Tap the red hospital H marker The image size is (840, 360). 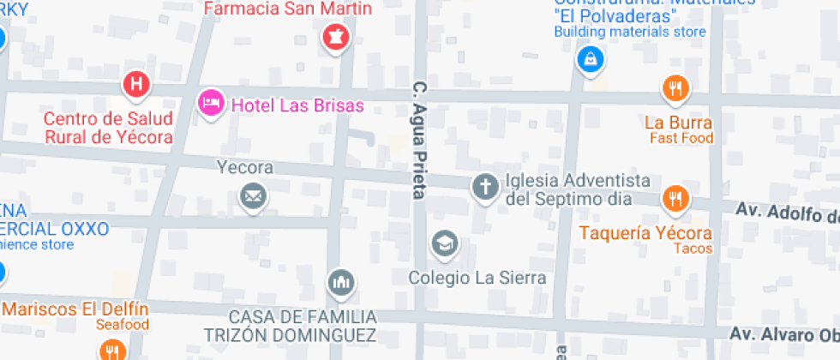tap(136, 84)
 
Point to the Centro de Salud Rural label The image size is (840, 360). tap(108, 127)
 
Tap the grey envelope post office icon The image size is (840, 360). tap(252, 197)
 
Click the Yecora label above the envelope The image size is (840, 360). tap(245, 167)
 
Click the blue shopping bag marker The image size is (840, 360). tap(591, 59)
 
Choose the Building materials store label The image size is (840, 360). tap(630, 32)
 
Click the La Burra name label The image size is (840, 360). tap(678, 123)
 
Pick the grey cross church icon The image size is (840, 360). tap(485, 186)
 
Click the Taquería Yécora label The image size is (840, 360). tap(645, 233)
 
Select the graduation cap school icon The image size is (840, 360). tap(444, 244)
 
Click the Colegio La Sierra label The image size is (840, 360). tap(477, 278)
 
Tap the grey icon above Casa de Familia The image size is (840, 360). tap(341, 282)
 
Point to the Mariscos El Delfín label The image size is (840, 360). tap(75, 309)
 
